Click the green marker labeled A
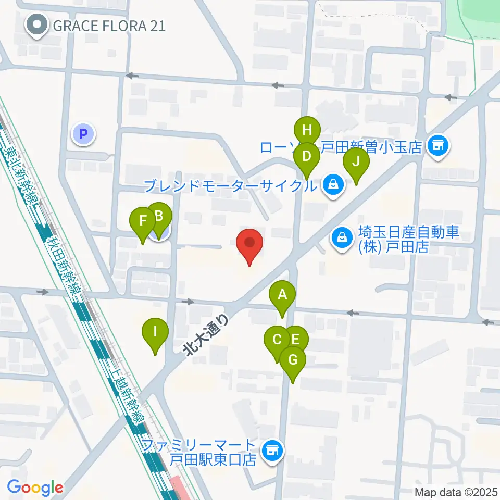282,295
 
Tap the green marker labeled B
160,216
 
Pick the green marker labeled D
307,156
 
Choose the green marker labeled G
293,360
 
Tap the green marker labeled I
155,331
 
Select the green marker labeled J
356,161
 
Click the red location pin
249,243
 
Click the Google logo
35,488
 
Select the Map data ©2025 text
456,492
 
